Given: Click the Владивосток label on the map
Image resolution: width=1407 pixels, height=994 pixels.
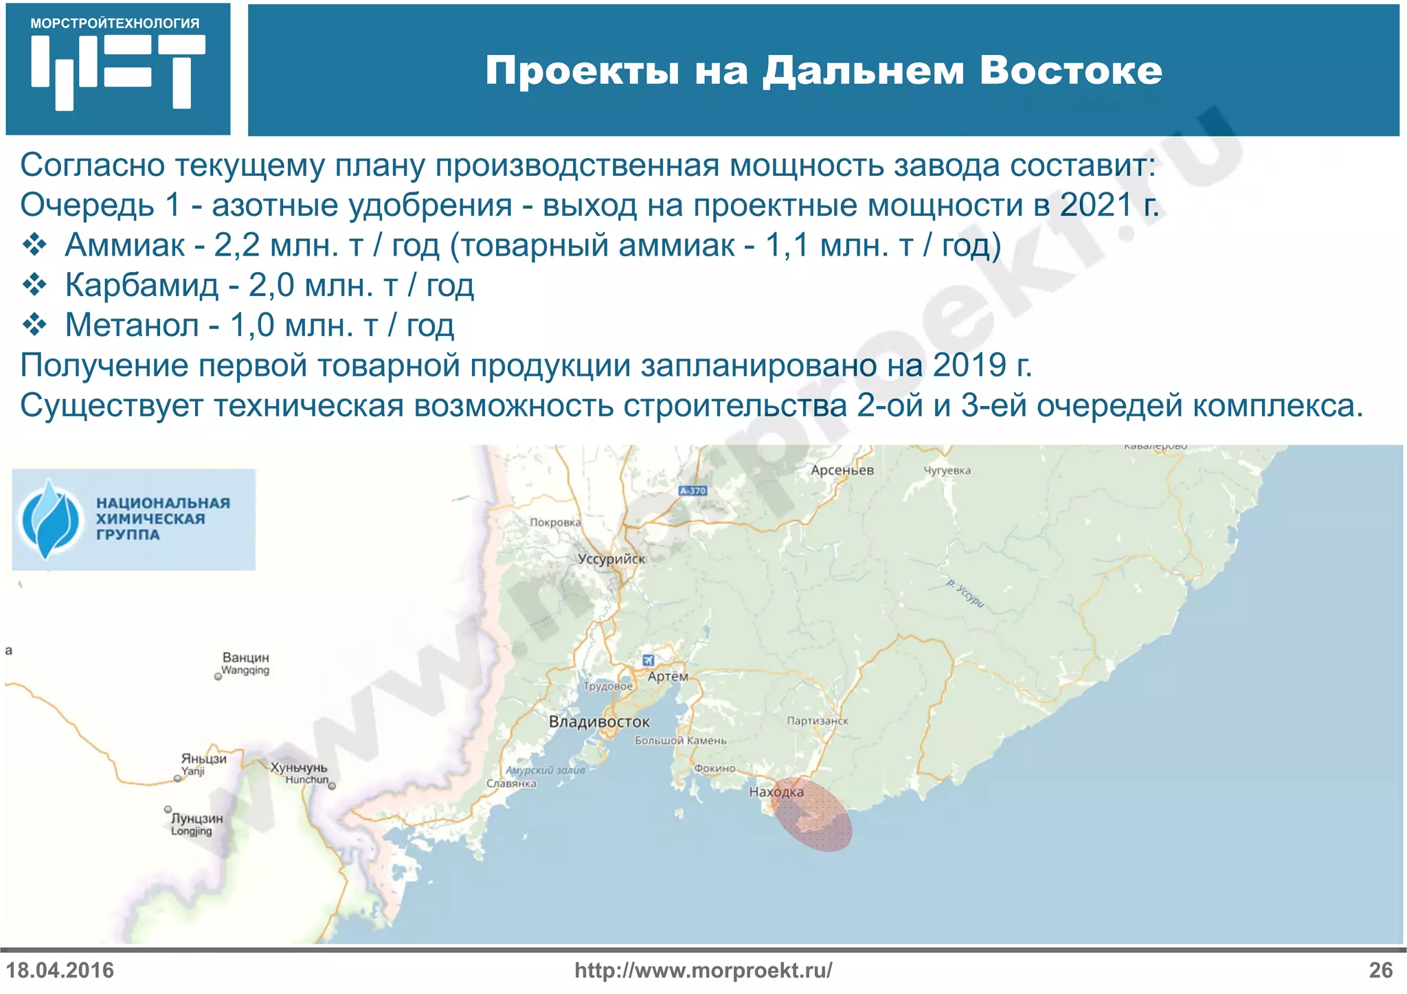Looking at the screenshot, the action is click(x=599, y=722).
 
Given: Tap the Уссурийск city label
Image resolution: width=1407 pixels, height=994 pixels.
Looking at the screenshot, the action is click(x=611, y=559).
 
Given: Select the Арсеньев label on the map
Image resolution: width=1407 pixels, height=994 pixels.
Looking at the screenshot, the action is click(x=842, y=471).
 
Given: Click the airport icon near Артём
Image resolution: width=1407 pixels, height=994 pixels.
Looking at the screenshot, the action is click(x=648, y=660).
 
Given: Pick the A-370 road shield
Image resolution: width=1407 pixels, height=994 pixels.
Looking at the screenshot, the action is click(x=693, y=490).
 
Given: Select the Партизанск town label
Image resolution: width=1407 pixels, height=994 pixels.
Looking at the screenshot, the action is click(x=818, y=721).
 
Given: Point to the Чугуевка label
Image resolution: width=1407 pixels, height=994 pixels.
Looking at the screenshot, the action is click(x=947, y=471).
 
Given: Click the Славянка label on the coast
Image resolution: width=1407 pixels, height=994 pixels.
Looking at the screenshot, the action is click(x=511, y=784).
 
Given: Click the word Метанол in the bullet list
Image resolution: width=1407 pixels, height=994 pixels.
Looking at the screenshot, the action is click(x=132, y=325).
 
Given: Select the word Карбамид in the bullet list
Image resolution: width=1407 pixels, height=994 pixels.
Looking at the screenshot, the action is click(x=142, y=285).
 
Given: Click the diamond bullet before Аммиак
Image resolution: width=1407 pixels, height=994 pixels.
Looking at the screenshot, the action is click(x=34, y=245).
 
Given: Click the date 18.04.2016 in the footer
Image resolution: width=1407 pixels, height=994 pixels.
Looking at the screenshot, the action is click(x=60, y=971).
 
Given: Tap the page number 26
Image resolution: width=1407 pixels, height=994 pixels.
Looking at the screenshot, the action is click(x=1380, y=971).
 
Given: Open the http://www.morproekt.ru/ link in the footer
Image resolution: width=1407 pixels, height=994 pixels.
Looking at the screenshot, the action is click(x=703, y=971).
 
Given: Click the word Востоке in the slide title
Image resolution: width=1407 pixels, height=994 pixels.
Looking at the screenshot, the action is click(x=1070, y=70).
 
